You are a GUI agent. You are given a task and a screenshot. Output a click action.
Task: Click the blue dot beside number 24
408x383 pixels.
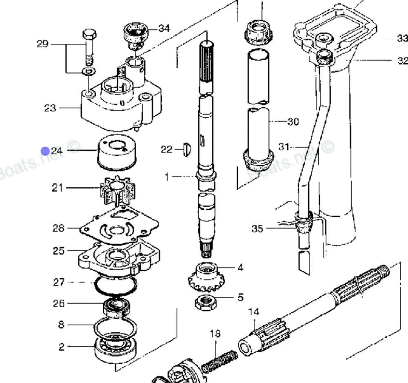[45, 151]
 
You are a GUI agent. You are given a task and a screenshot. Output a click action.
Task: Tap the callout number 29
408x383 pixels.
[42, 44]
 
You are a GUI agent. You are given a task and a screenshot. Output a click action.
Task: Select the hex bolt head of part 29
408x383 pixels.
[89, 34]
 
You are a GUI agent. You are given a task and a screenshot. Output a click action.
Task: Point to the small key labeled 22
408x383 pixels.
[187, 150]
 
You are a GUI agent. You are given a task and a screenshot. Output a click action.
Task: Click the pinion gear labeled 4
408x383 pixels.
[206, 278]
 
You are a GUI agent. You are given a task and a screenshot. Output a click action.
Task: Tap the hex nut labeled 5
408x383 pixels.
[206, 302]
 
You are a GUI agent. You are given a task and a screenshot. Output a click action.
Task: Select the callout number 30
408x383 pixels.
[293, 121]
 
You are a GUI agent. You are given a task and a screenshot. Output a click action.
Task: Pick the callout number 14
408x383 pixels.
[254, 312]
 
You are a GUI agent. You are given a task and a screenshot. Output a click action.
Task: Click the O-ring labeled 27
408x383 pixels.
[115, 285]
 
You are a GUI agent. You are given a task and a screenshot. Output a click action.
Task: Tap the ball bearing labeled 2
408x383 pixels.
[115, 349]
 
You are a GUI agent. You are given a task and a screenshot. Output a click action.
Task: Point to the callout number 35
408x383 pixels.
[257, 228]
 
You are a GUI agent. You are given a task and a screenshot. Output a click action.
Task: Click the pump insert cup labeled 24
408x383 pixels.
[117, 152]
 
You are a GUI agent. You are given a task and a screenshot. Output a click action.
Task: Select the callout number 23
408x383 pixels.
[50, 108]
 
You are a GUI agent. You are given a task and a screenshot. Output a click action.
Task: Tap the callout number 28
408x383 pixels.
[58, 228]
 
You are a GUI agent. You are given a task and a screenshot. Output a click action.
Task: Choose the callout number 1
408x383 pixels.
[167, 177]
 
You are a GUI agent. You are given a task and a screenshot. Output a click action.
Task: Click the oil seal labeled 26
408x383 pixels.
[117, 308]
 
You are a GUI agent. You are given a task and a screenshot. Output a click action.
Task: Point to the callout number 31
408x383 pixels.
[284, 147]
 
